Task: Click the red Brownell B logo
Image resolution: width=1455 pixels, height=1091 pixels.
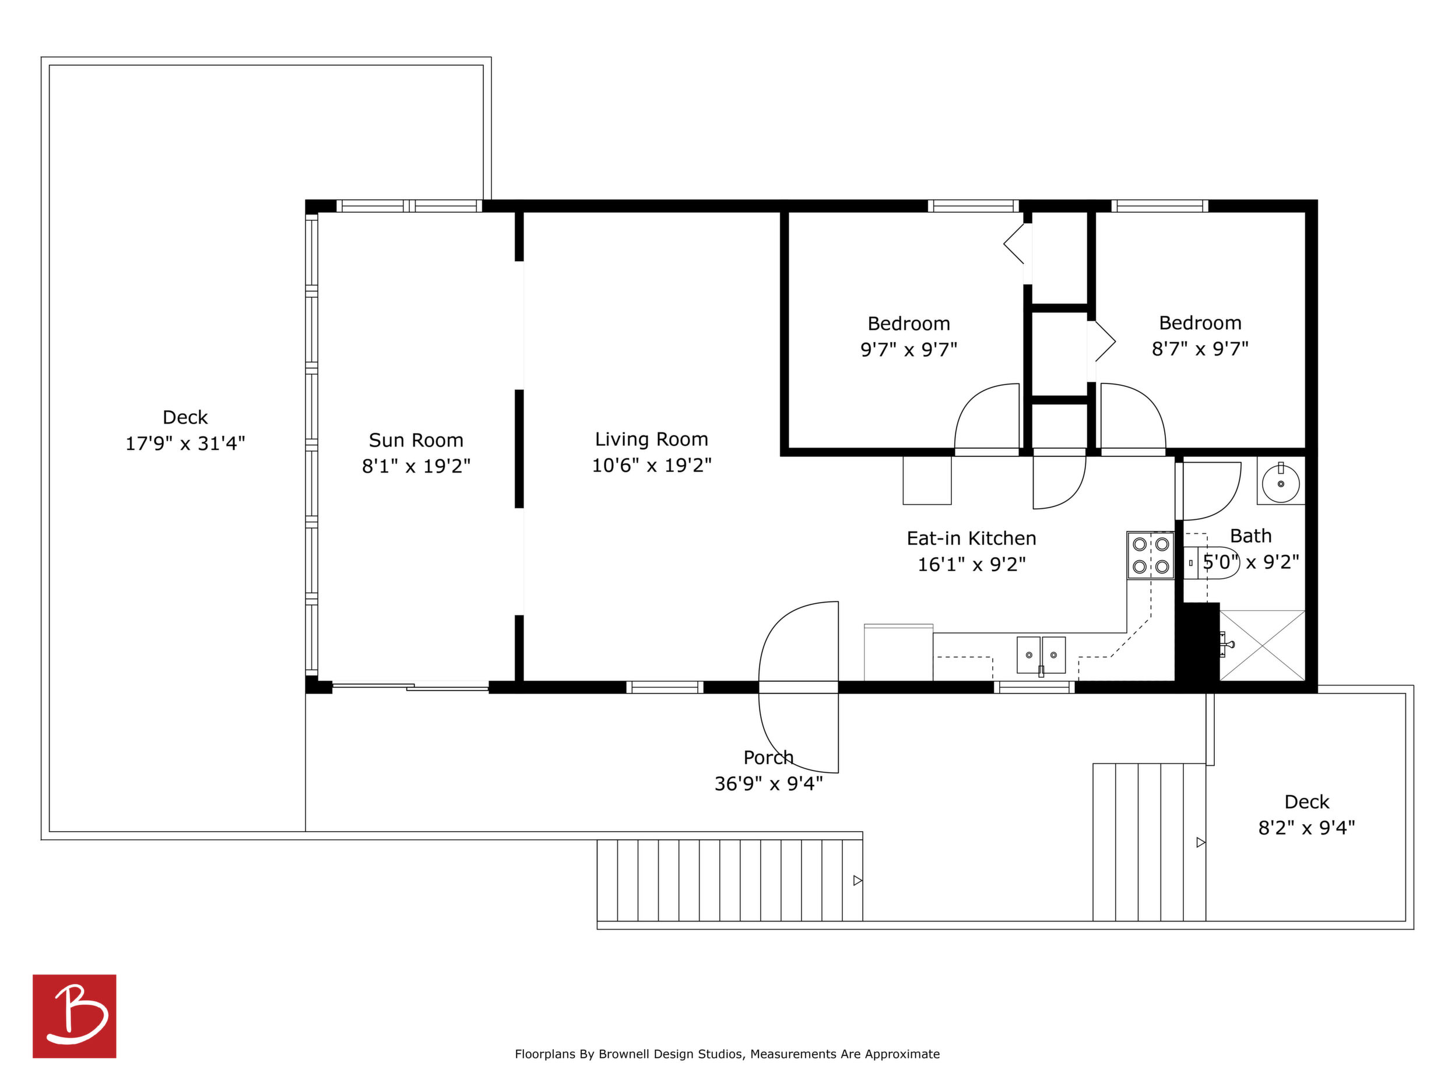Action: tap(75, 1016)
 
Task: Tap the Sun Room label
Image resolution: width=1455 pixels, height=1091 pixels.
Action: tap(416, 440)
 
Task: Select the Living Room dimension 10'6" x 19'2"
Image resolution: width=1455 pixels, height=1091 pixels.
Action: tap(652, 466)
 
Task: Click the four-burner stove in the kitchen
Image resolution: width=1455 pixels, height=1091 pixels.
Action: tap(1151, 555)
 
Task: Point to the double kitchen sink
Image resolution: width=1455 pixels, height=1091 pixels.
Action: tap(1041, 655)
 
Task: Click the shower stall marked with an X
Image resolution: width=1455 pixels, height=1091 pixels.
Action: tap(1262, 645)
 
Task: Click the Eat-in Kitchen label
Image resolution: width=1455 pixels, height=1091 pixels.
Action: tap(972, 539)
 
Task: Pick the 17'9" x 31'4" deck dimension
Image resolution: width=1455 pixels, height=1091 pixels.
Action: tap(185, 444)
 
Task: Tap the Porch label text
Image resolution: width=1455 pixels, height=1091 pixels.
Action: tap(768, 758)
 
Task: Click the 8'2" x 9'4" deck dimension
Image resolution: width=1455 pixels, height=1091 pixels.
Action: tap(1307, 828)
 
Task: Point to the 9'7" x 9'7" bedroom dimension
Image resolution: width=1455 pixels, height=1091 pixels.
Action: tap(909, 349)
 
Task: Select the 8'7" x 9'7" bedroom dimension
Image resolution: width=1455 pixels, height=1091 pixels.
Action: tap(1200, 349)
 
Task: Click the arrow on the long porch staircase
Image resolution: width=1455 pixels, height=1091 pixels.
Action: tap(857, 880)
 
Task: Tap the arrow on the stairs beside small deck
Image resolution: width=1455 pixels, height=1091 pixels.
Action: tap(1200, 842)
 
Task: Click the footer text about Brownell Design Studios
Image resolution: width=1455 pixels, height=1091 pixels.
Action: tap(727, 1054)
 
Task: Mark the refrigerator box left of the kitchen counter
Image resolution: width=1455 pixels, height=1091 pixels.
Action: tap(898, 652)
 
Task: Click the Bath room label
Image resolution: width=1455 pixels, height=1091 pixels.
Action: tap(1250, 536)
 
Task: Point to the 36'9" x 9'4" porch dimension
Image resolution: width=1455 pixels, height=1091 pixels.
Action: tap(768, 784)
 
